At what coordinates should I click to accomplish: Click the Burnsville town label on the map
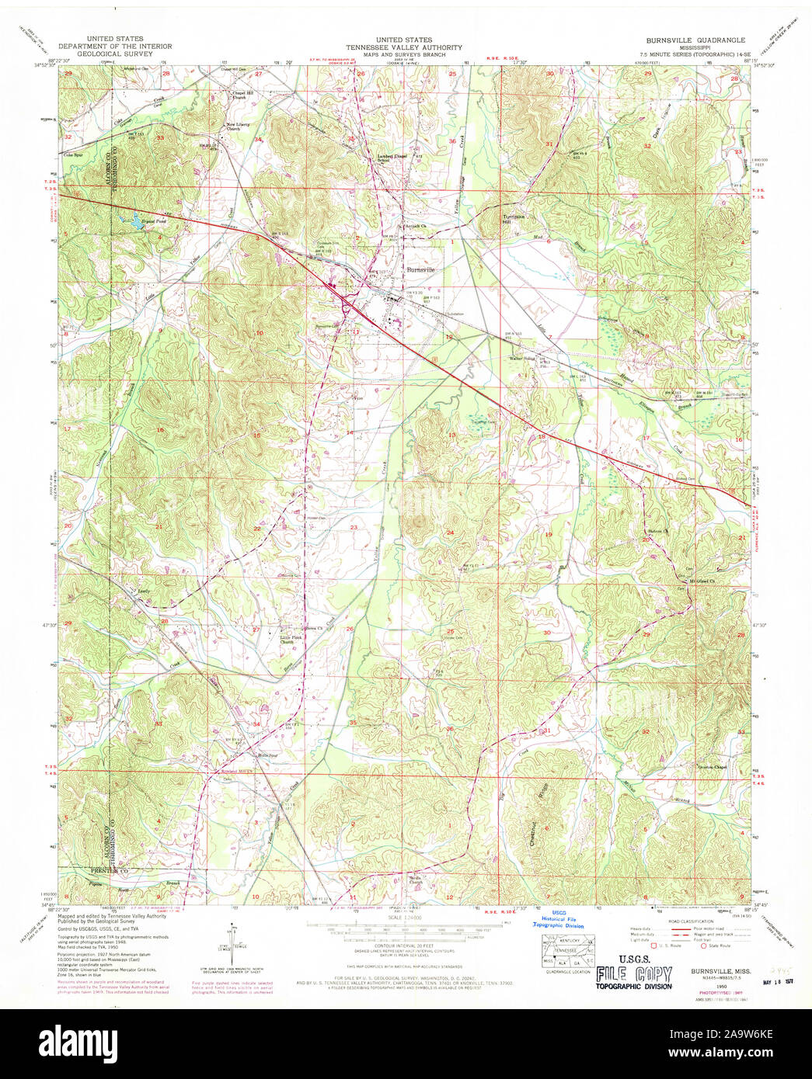coord(421,269)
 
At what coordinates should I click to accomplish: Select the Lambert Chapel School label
coord(392,158)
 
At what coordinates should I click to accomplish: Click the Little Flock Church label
coord(288,640)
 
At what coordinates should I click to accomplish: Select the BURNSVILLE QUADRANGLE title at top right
coord(695,40)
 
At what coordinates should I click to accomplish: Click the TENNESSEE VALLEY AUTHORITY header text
coord(404,47)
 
